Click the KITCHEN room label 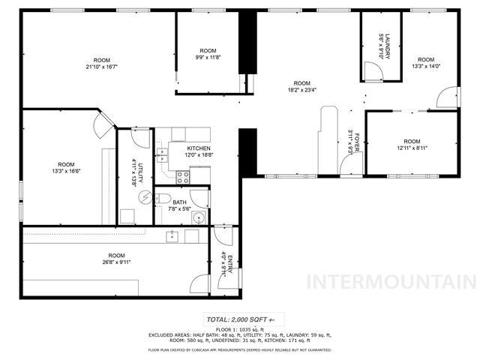pyautogui.click(x=199, y=148)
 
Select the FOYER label pyautogui.click(x=357, y=142)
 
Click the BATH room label pyautogui.click(x=179, y=202)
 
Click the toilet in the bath pyautogui.click(x=163, y=198)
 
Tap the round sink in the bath pyautogui.click(x=198, y=218)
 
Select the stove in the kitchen pyautogui.click(x=182, y=177)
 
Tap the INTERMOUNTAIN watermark pyautogui.click(x=392, y=283)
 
